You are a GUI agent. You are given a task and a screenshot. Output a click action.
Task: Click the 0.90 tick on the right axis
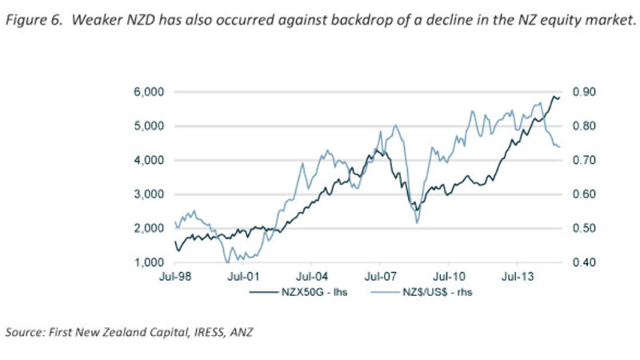(x=583, y=92)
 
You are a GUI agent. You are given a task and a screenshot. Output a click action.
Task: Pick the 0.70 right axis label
(x=583, y=160)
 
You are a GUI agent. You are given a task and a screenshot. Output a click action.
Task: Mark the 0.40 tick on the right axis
(x=583, y=262)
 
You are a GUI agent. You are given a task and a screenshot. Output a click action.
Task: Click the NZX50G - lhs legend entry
(x=313, y=293)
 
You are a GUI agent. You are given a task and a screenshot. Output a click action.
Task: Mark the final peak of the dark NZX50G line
(x=554, y=97)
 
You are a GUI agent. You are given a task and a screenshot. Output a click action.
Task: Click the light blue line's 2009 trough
(x=417, y=222)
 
